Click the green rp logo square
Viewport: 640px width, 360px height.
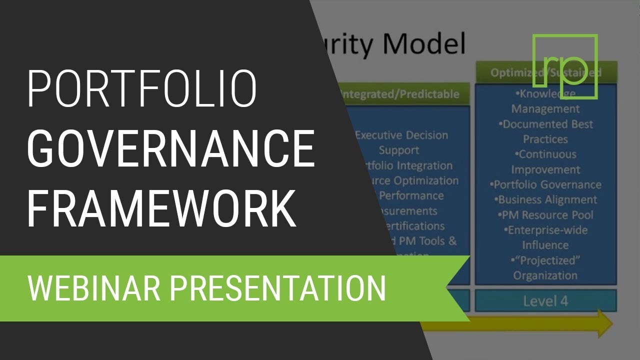[x=565, y=66]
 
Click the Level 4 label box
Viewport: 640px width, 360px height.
[x=545, y=301]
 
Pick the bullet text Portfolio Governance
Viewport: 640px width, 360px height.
[x=545, y=184]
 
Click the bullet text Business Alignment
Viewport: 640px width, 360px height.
[x=546, y=199]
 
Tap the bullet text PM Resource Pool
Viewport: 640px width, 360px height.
[x=545, y=215]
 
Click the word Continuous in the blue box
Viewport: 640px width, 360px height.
[x=547, y=154]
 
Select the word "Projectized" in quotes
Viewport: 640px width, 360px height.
[x=545, y=260]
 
